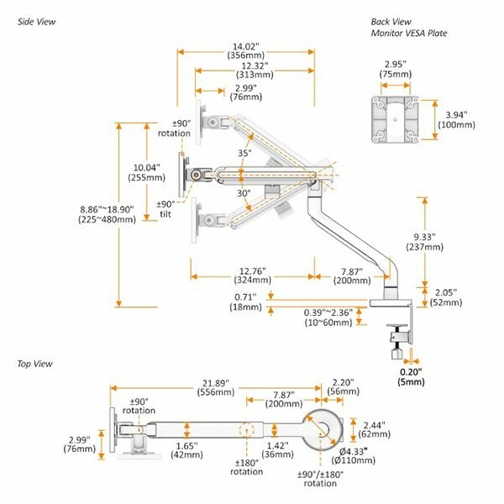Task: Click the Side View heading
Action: pyautogui.click(x=36, y=22)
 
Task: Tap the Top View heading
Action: pyautogui.click(x=34, y=364)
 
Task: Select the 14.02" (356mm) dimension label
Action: pyautogui.click(x=246, y=50)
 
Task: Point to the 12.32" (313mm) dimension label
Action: pyautogui.click(x=255, y=70)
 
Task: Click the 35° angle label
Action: pyautogui.click(x=244, y=153)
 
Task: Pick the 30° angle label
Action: pyautogui.click(x=244, y=193)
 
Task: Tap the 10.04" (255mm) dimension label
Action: pyautogui.click(x=146, y=172)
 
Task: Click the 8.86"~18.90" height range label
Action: pyautogui.click(x=107, y=214)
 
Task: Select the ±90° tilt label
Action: pyautogui.click(x=165, y=209)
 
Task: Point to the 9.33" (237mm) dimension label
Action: pyautogui.click(x=424, y=242)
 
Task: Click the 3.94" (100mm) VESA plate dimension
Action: pyautogui.click(x=456, y=120)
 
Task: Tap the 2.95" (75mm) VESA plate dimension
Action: pyautogui.click(x=396, y=69)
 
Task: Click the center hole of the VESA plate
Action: pyautogui.click(x=395, y=119)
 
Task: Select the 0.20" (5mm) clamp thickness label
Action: pyautogui.click(x=411, y=376)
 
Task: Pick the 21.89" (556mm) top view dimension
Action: pyautogui.click(x=216, y=387)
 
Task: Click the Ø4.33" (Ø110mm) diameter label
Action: pyautogui.click(x=354, y=456)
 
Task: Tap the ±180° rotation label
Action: pyautogui.click(x=246, y=467)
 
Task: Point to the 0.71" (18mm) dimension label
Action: pyautogui.click(x=245, y=302)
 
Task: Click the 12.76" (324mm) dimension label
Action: pyautogui.click(x=253, y=276)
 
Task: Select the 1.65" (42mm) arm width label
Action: pyautogui.click(x=186, y=450)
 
